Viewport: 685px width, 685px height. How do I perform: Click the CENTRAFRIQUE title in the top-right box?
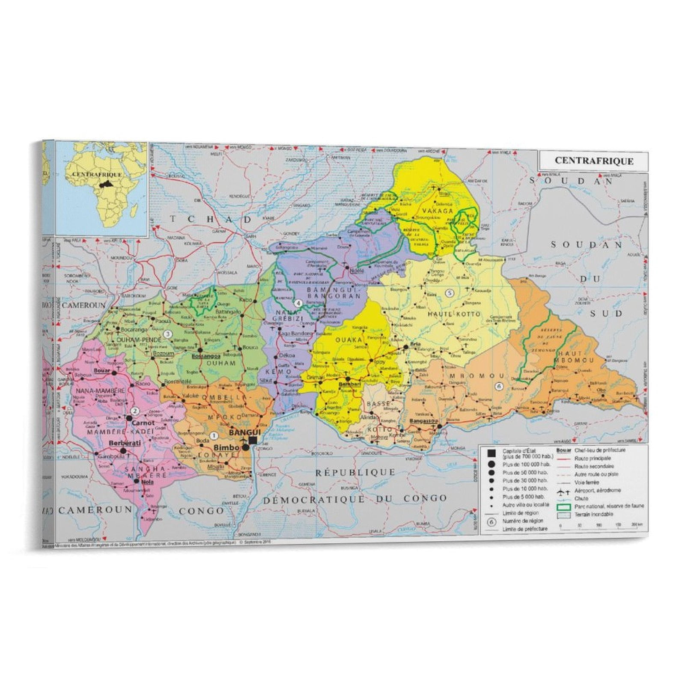593,161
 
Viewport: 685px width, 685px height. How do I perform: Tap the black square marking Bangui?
253,440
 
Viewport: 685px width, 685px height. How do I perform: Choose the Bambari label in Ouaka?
348,385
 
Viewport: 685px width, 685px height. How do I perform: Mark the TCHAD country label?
211,219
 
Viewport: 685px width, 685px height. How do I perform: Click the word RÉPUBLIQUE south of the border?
355,472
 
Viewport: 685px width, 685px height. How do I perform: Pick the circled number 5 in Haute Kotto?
449,293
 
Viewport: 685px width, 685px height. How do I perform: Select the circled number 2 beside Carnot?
135,411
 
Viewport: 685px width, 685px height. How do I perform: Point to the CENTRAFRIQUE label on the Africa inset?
97,175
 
